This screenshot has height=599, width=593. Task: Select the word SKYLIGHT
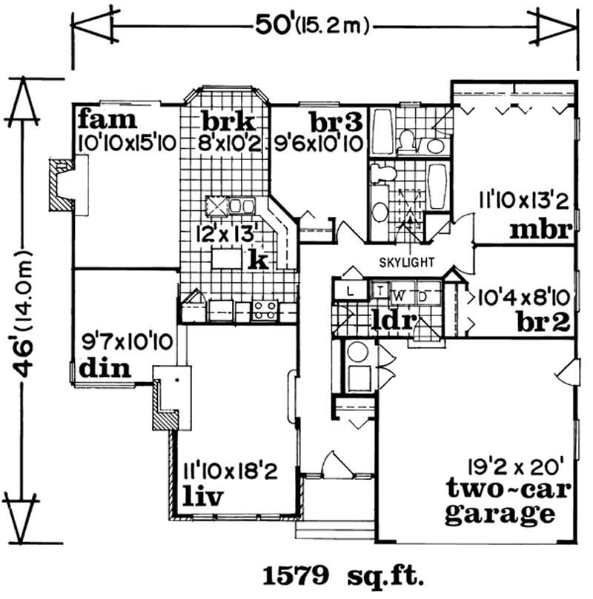point(407,262)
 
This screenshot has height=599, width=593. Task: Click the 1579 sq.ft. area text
point(342,575)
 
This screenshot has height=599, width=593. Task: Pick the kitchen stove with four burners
point(265,309)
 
